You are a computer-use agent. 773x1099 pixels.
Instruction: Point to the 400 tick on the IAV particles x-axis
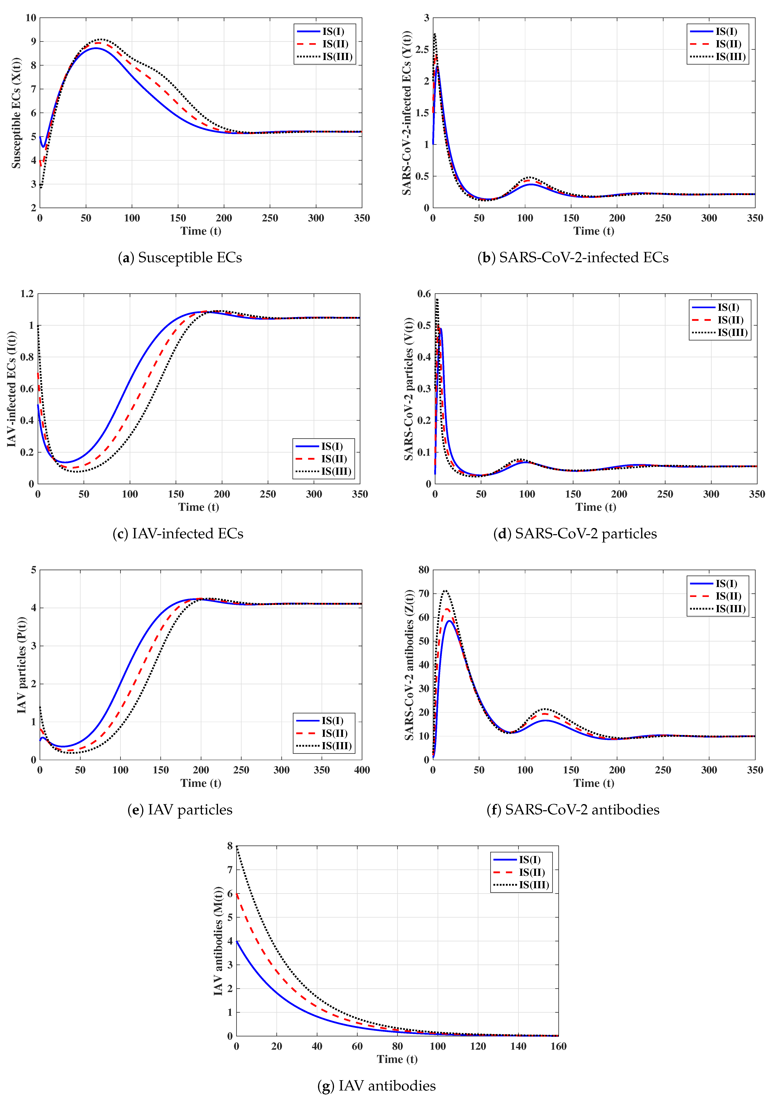362,770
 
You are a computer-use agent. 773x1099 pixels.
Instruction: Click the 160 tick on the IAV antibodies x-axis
558,1046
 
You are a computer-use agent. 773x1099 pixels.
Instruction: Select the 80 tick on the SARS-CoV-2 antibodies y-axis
424,570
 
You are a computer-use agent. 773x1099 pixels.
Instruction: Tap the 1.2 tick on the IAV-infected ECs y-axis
27,294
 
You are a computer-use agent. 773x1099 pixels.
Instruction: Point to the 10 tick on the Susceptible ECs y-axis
31,18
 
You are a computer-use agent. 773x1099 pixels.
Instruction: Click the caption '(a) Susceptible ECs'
180,257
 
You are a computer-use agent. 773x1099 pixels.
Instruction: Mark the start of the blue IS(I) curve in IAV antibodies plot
237,941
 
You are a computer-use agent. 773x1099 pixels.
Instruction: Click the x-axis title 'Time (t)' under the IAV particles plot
201,783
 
